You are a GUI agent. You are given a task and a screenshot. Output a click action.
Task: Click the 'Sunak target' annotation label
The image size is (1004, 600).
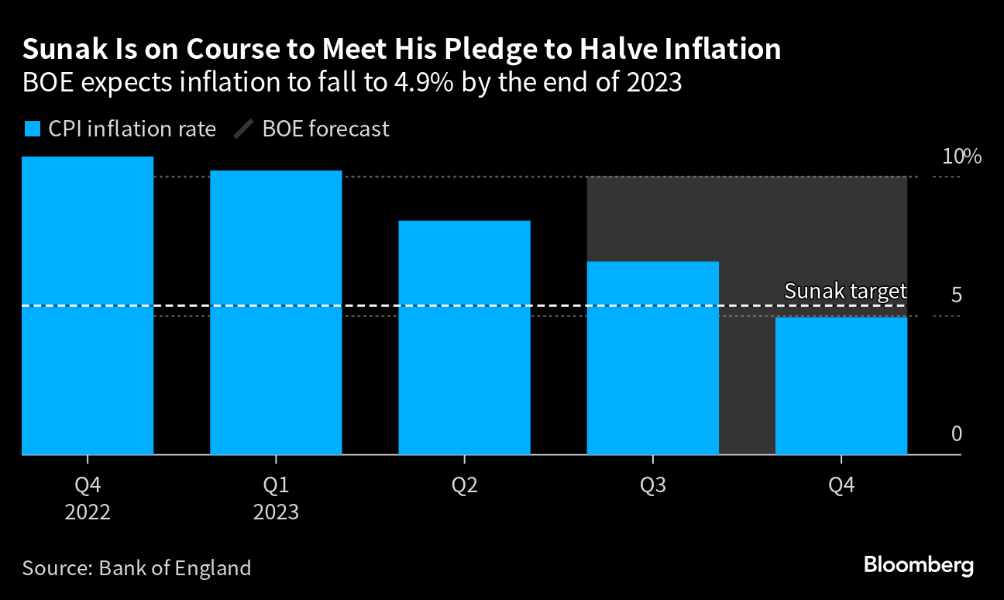coord(845,291)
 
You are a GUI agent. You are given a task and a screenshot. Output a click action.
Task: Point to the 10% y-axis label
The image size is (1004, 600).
coord(961,157)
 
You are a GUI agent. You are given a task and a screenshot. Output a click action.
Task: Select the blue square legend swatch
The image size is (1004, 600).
coord(32,129)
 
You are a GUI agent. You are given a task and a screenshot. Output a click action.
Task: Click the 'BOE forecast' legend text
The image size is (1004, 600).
coord(325,129)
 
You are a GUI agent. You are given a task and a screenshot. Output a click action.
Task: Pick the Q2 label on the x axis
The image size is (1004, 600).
coord(464,486)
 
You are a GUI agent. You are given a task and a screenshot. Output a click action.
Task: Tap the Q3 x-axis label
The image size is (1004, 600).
coord(652,486)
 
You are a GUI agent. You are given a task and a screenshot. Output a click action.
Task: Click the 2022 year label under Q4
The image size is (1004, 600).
coord(88,512)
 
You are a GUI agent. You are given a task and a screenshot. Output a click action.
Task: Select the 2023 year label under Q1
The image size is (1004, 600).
coord(276,512)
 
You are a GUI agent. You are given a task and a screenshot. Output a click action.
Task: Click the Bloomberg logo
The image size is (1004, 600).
coord(918,565)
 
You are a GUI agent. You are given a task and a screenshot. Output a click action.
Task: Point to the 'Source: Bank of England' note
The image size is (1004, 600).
coord(136,567)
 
